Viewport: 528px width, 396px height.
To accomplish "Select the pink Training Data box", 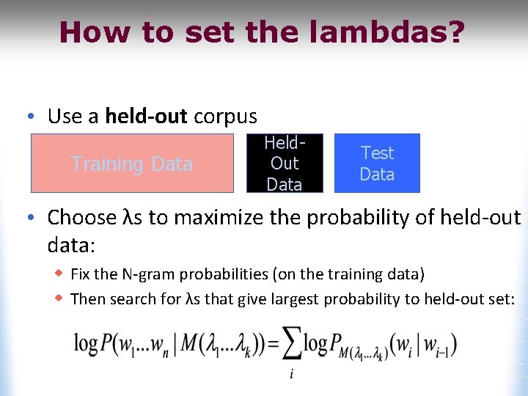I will coord(132,164).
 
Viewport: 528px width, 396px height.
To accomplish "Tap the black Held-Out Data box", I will coord(285,164).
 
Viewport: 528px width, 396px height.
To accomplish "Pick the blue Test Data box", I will coord(377,164).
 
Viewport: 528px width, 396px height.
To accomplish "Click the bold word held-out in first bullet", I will coord(146,117).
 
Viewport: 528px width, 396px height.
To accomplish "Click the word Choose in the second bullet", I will coord(81,217).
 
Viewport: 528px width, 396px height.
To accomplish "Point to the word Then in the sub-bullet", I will coord(87,298).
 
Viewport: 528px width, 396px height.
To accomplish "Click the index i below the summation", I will coord(291,374).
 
